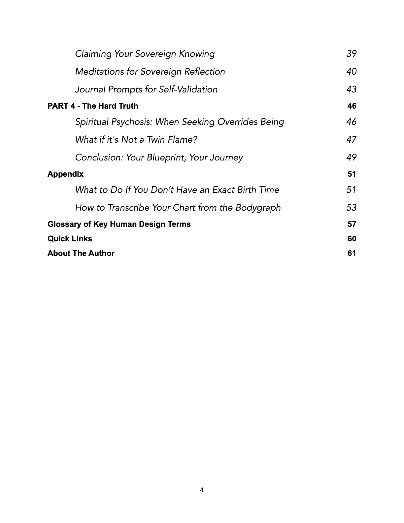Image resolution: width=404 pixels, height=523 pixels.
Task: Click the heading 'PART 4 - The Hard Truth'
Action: pos(93,106)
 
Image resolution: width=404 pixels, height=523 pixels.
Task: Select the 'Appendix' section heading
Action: pos(65,174)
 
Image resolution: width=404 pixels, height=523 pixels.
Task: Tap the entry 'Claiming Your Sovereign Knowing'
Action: pos(145,54)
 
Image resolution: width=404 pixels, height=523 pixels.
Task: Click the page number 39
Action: pos(352,54)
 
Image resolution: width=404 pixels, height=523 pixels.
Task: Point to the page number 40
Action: pos(352,72)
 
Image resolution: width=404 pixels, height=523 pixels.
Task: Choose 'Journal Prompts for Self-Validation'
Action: pos(146,89)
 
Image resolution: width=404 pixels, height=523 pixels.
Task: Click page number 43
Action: pos(352,89)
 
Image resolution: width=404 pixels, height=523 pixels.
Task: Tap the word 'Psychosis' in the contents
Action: pos(131,122)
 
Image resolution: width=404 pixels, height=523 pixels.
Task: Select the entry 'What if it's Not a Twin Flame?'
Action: pos(136,140)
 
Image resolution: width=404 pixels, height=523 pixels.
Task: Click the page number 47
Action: pos(352,140)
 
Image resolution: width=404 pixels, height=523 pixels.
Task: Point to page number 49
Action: pos(352,157)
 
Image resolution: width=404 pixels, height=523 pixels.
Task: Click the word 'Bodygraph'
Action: pos(258,208)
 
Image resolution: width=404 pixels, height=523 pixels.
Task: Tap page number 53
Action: pos(352,208)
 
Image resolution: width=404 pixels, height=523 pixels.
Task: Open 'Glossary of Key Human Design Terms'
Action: pos(119,224)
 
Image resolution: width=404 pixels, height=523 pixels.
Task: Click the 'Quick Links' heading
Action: pos(70,239)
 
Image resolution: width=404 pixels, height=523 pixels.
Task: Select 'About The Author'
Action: pos(81,253)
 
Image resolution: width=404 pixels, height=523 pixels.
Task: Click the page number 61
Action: pos(352,253)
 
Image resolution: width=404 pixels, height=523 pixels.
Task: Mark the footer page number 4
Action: pos(202,490)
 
